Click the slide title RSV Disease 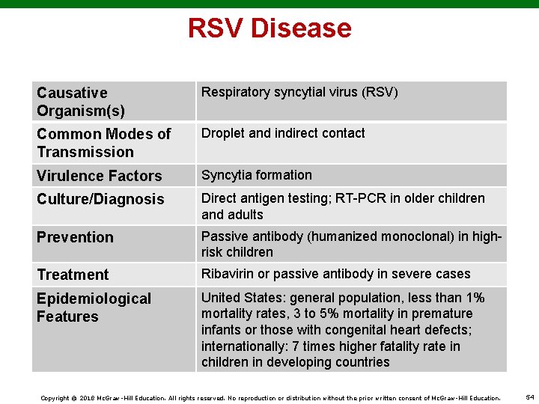click(269, 28)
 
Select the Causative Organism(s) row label click(81, 102)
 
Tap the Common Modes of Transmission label click(104, 143)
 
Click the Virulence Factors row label click(99, 176)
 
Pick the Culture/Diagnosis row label click(100, 199)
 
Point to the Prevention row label click(75, 237)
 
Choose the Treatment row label click(73, 275)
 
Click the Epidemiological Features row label click(94, 307)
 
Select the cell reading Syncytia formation click(257, 175)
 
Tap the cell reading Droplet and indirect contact click(283, 133)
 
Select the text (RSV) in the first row click(380, 93)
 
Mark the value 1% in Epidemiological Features click(473, 297)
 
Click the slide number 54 click(530, 397)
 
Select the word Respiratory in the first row click(235, 93)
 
